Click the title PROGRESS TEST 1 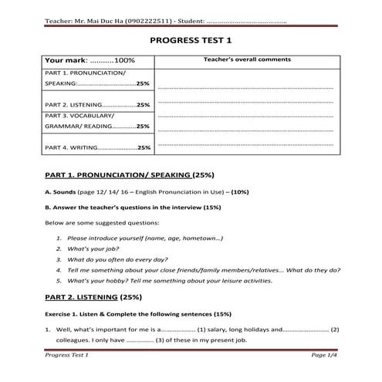(191, 39)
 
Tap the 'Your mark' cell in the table (90, 59)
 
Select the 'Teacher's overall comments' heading (247, 59)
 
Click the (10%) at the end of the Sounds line (239, 191)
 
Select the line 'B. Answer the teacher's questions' (133, 207)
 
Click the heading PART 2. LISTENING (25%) (93, 297)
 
